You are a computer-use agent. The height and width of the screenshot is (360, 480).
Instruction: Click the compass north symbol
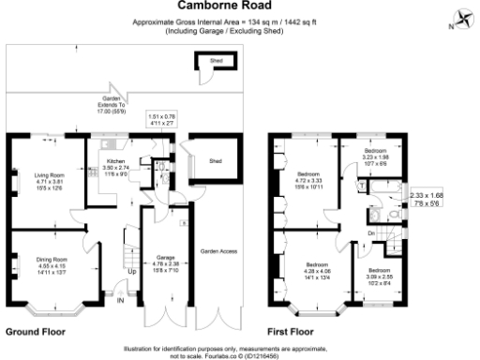pyautogui.click(x=462, y=18)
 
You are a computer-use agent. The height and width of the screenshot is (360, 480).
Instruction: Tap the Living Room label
pyautogui.click(x=49, y=173)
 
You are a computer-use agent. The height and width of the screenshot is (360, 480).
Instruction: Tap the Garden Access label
pyautogui.click(x=217, y=251)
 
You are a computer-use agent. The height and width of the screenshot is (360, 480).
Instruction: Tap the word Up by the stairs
pyautogui.click(x=131, y=274)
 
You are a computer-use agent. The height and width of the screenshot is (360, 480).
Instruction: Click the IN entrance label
pyautogui.click(x=119, y=300)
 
